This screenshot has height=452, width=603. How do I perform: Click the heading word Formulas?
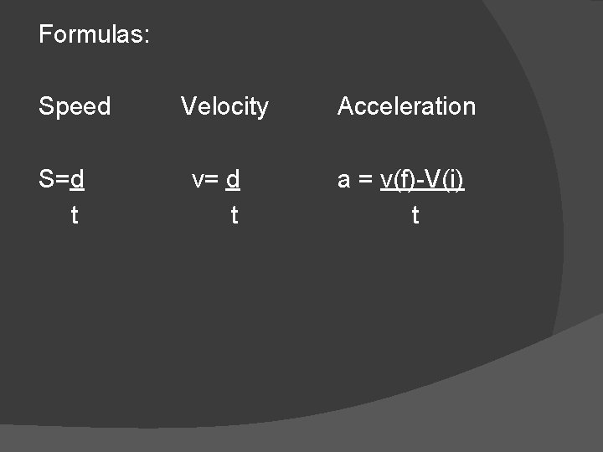[94, 34]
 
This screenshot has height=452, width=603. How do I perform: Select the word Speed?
[75, 106]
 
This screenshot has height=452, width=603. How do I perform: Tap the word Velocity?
[224, 106]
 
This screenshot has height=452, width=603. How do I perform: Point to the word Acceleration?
[406, 106]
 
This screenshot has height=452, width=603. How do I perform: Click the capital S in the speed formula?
[46, 179]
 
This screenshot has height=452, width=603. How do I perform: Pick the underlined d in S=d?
[77, 179]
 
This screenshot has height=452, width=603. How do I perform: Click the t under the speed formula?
[75, 215]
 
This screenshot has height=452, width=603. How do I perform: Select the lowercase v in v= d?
[197, 179]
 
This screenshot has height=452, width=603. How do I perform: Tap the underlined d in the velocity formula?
[234, 179]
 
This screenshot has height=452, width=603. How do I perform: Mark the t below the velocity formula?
[234, 215]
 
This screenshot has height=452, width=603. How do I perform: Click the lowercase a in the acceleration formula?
[343, 179]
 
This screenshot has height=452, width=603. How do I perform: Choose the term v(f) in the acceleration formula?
[397, 179]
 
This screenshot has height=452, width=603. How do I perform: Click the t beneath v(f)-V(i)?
[415, 215]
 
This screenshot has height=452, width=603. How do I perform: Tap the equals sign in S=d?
[62, 179]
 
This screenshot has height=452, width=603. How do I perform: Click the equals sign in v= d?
[211, 179]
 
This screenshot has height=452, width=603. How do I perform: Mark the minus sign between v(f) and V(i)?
[419, 180]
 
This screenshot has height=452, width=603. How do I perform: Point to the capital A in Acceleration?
[345, 106]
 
